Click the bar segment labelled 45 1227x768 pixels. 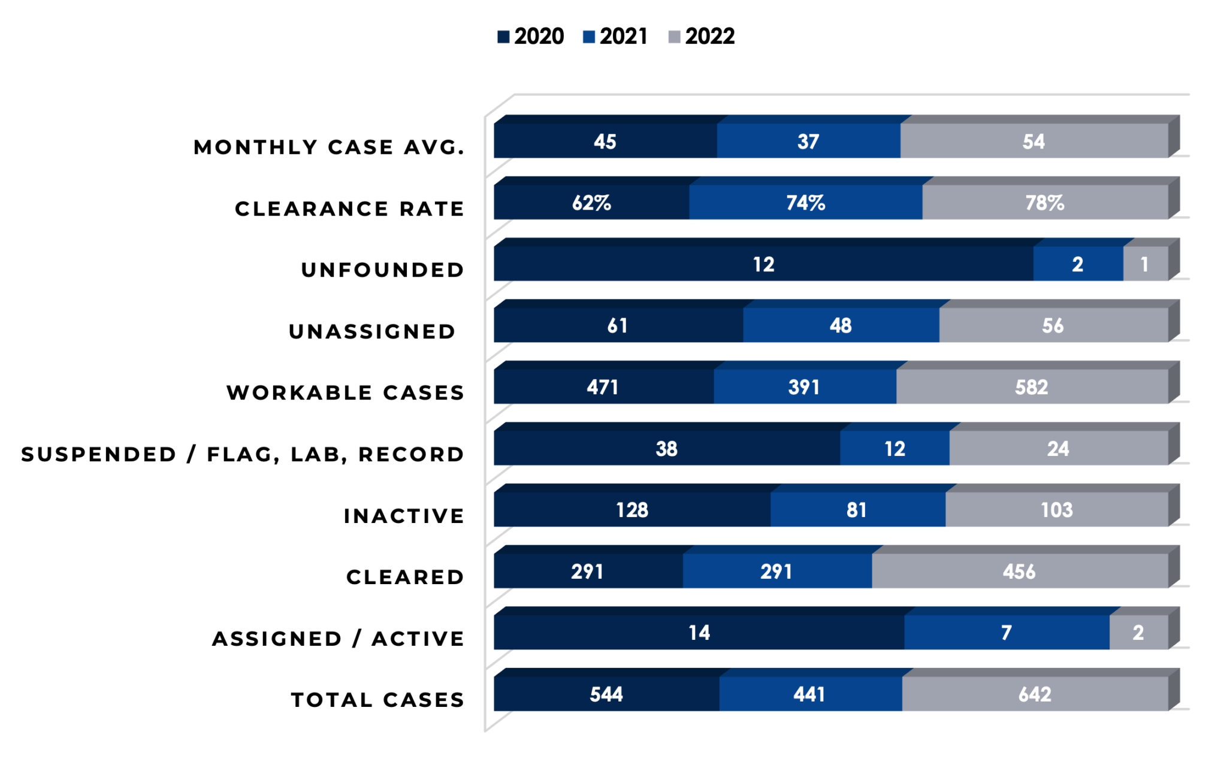(x=605, y=141)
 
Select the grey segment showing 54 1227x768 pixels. (x=1034, y=141)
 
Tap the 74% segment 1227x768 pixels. (x=805, y=203)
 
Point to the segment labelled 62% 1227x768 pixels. (x=591, y=203)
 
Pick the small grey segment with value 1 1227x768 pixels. (x=1145, y=264)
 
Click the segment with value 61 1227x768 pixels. (x=618, y=326)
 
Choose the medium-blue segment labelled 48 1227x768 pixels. (x=841, y=326)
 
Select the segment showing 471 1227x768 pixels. (x=603, y=387)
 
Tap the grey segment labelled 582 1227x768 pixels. (x=1032, y=387)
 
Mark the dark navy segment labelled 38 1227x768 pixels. (x=666, y=449)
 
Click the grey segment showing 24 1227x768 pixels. (x=1058, y=449)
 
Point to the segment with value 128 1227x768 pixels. (x=632, y=510)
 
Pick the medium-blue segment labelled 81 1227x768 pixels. (x=857, y=510)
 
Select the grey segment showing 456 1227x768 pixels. (x=1020, y=572)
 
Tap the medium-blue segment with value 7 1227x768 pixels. (x=1007, y=633)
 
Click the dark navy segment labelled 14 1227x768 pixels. (x=699, y=633)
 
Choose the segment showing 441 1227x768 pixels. (x=810, y=694)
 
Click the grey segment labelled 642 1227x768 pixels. (x=1035, y=694)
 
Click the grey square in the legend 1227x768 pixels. (x=675, y=37)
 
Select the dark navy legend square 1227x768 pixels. (x=503, y=37)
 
